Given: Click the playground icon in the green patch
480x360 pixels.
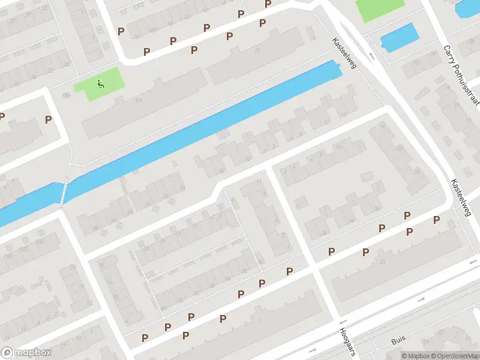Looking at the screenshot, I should pyautogui.click(x=100, y=84).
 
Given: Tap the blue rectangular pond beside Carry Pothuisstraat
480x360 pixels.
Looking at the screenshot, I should pyautogui.click(x=400, y=37).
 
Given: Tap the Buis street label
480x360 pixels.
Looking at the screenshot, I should pyautogui.click(x=398, y=340).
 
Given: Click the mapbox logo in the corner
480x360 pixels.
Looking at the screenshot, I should pyautogui.click(x=26, y=353).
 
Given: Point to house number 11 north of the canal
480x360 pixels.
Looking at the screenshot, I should pyautogui.click(x=257, y=51).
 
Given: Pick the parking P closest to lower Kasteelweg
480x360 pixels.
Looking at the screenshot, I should pyautogui.click(x=436, y=220).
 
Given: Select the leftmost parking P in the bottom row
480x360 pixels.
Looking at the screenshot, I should pyautogui.click(x=145, y=338).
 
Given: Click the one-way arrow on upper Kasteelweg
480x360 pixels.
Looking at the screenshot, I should pyautogui.click(x=371, y=56).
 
